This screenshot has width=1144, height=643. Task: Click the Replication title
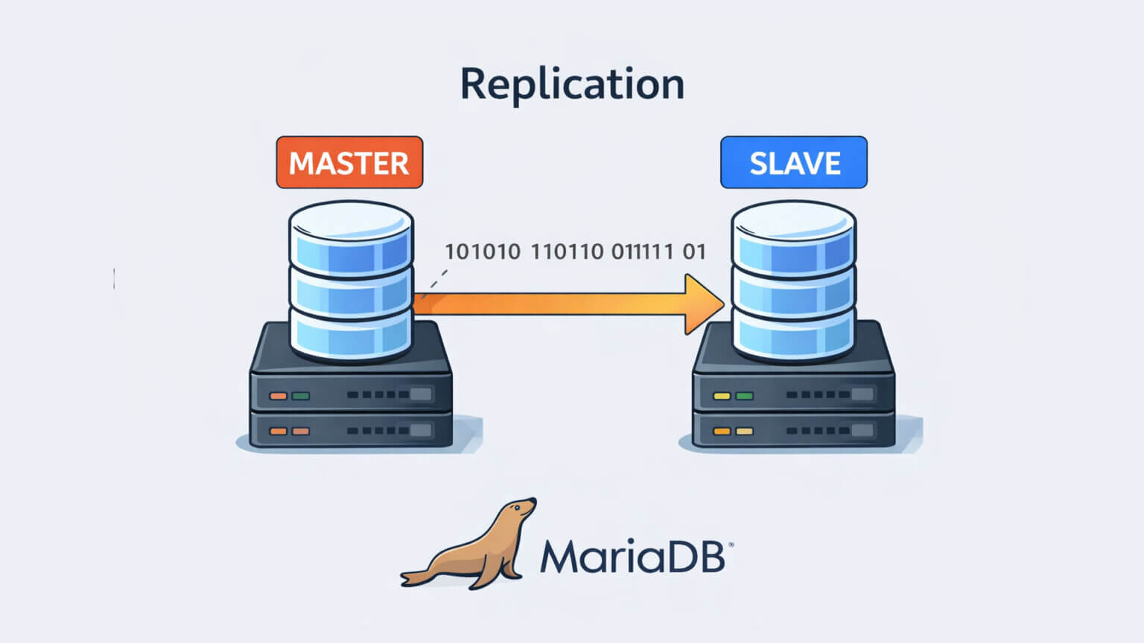point(572,83)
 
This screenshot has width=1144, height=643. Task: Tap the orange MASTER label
point(349,162)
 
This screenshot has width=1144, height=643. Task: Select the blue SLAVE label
point(794,162)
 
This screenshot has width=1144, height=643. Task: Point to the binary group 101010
point(483,252)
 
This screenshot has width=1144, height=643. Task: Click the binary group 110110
point(567,252)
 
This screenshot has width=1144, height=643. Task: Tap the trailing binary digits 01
point(694,252)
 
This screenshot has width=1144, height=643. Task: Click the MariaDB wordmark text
point(632,556)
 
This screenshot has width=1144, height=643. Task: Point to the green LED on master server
point(301,395)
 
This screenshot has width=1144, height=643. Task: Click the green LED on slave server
point(744,395)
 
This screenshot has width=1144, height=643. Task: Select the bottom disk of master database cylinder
point(351,333)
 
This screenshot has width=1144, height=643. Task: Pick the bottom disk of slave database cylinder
point(794,333)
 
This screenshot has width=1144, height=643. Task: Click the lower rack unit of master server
point(351,430)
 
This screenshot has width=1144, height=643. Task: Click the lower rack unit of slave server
point(794,430)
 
